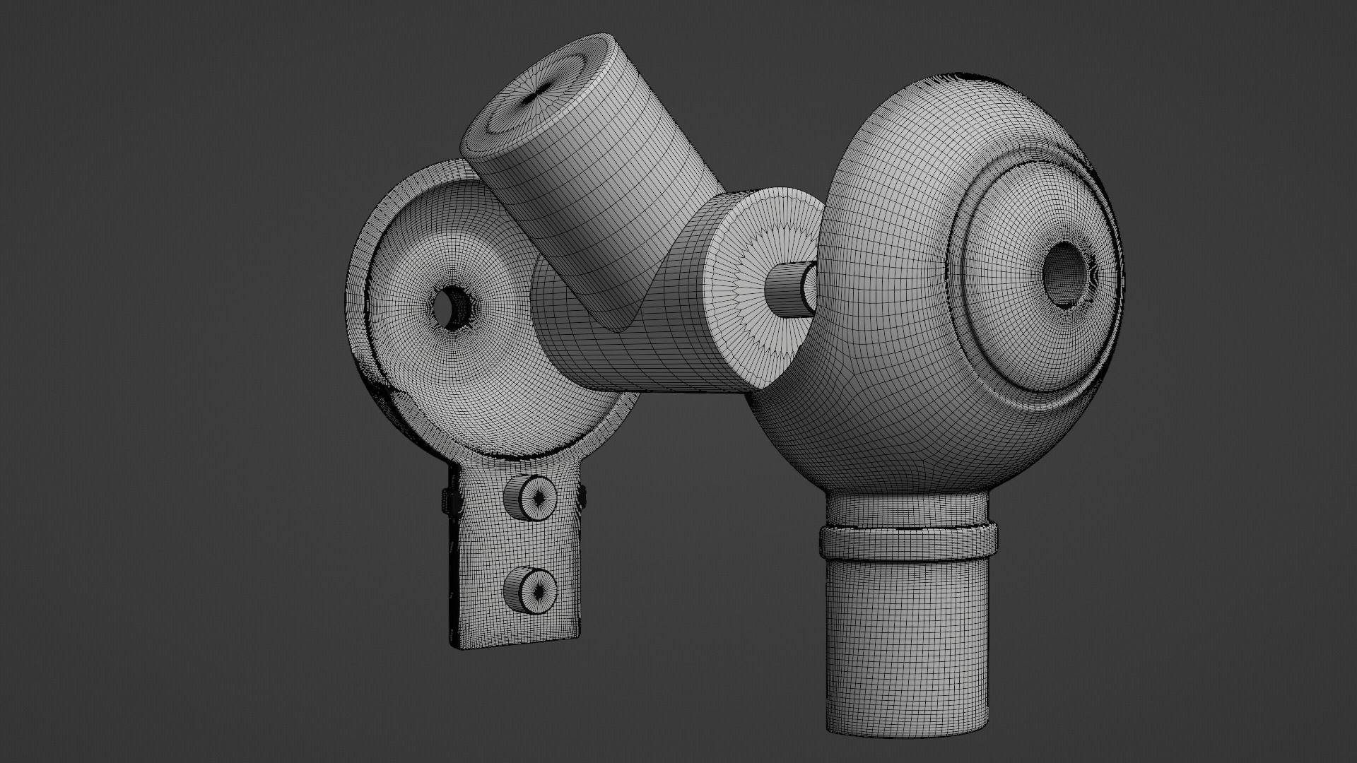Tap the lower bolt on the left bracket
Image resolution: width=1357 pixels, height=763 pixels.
[530, 588]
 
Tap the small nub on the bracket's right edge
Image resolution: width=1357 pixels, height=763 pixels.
[584, 497]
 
